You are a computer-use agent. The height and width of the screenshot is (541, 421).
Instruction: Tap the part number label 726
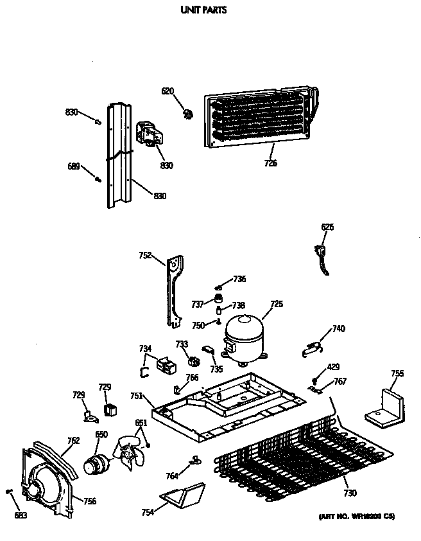270,163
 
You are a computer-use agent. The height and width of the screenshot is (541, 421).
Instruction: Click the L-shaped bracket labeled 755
386,407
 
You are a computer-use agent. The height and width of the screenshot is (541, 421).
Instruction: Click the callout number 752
145,255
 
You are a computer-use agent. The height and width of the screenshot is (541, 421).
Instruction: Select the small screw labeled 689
99,179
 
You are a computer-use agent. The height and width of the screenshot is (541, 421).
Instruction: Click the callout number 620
167,91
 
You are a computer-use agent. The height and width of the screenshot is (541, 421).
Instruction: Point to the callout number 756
90,501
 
